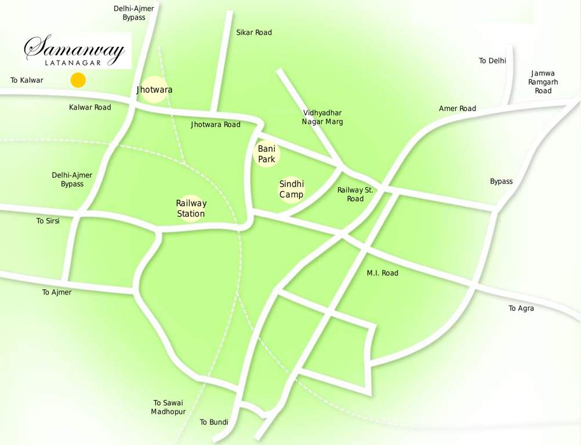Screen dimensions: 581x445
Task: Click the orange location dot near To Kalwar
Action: (x=78, y=81)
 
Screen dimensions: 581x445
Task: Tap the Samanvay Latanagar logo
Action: (x=75, y=51)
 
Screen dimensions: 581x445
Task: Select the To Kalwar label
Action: (x=27, y=80)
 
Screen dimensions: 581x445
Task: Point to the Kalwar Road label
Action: (x=90, y=107)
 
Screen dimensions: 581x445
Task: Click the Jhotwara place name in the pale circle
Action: (x=154, y=90)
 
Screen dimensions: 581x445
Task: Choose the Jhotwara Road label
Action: (x=215, y=125)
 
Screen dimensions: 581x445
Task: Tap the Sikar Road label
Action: (x=254, y=32)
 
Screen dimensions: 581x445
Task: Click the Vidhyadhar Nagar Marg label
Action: (x=322, y=117)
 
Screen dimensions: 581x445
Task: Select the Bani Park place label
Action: (x=267, y=154)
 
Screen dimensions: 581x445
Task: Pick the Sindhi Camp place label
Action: (x=291, y=189)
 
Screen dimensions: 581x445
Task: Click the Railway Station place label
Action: (x=191, y=209)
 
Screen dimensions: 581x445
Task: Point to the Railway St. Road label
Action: (x=355, y=194)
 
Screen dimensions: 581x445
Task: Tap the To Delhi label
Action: (x=492, y=60)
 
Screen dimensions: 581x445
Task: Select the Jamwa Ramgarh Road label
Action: (x=543, y=82)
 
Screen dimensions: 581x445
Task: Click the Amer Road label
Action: (x=457, y=108)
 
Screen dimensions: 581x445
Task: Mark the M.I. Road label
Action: (x=382, y=273)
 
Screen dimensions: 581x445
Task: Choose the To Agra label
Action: (x=521, y=308)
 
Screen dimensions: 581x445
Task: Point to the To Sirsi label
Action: (x=48, y=221)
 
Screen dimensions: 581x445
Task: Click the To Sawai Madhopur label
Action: (x=168, y=407)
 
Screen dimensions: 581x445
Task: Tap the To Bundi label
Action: (x=214, y=422)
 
